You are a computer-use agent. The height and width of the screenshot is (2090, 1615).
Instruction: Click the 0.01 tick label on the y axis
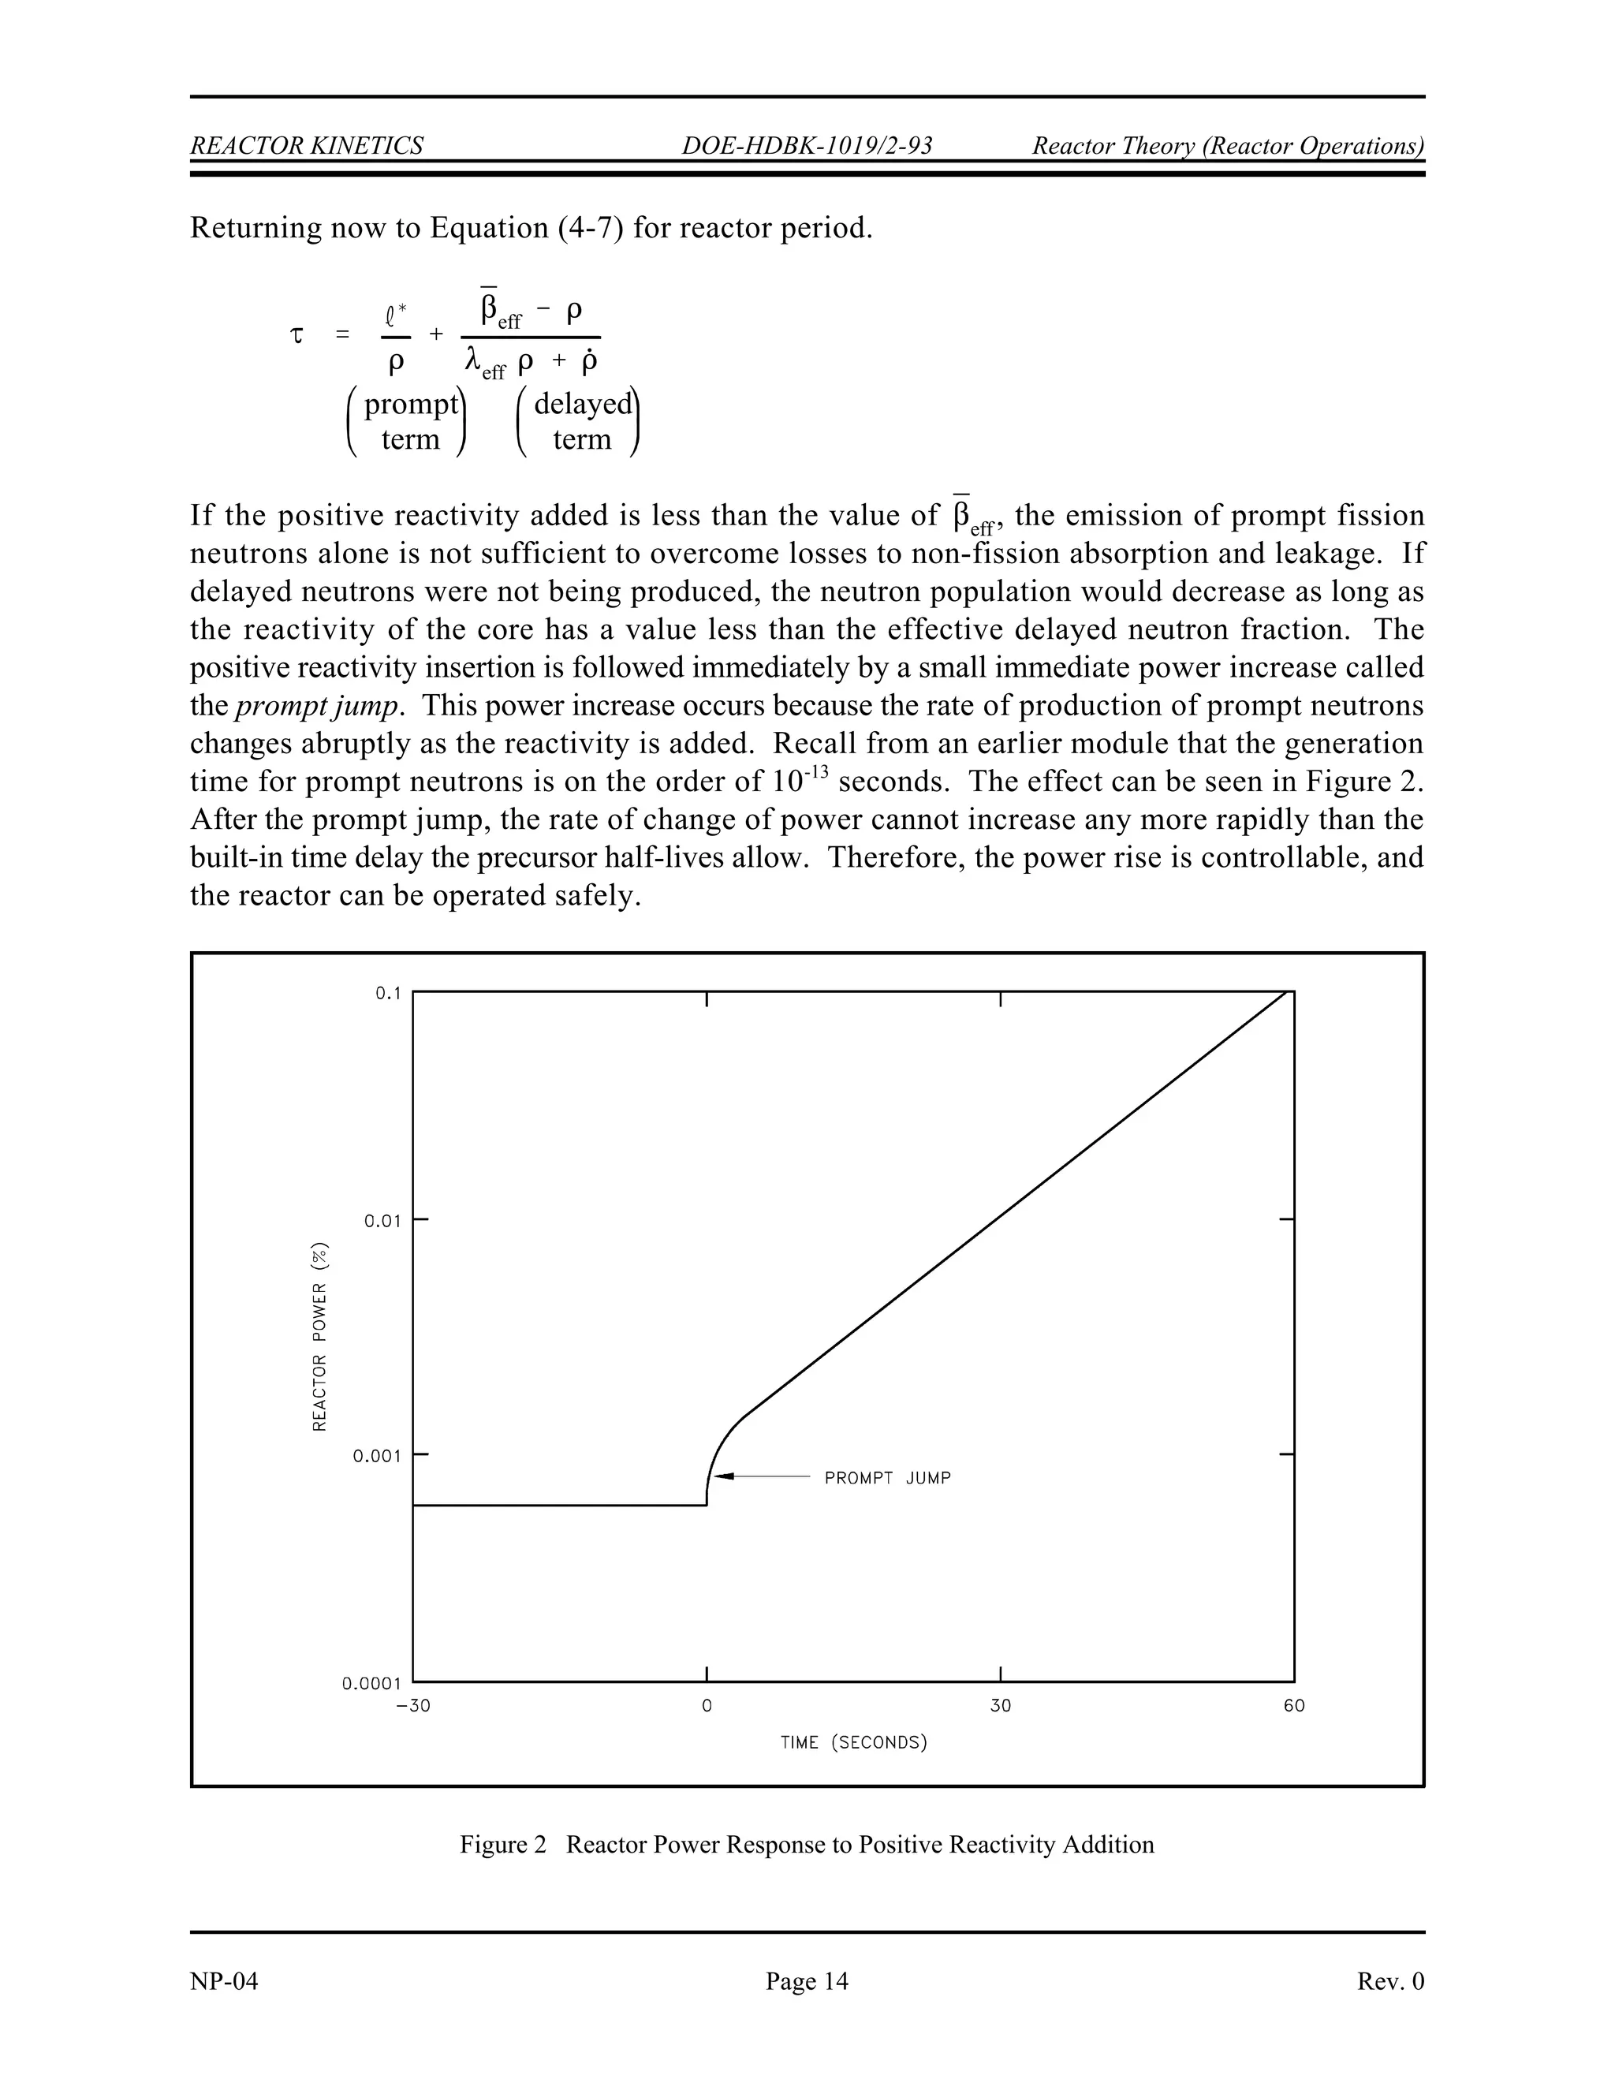[x=382, y=1221]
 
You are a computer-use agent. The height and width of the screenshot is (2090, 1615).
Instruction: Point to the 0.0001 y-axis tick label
[x=371, y=1683]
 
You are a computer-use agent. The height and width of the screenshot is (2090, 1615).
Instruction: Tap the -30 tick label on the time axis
[x=412, y=1706]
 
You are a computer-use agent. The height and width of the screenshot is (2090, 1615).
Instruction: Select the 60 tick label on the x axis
[x=1293, y=1706]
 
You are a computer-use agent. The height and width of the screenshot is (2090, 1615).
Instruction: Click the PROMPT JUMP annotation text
[x=887, y=1479]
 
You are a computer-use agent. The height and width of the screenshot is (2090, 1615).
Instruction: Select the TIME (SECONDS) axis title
[x=853, y=1743]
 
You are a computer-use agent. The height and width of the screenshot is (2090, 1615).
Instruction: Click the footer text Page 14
[x=807, y=1981]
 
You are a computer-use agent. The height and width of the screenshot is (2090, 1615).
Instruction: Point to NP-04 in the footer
[x=224, y=1981]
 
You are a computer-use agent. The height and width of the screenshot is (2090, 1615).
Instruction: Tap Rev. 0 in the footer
[x=1390, y=1981]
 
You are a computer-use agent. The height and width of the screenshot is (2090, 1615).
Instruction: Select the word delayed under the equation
[x=583, y=404]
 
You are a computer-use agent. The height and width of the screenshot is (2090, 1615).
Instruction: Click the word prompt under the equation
[x=410, y=404]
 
